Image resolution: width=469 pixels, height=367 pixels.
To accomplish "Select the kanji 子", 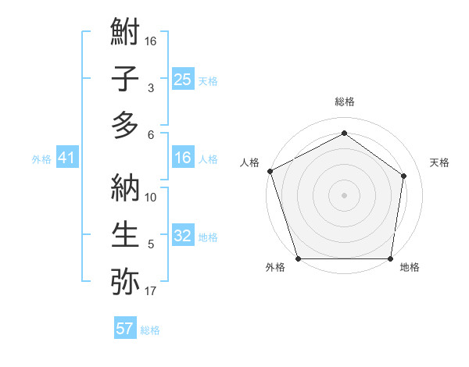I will (125, 79).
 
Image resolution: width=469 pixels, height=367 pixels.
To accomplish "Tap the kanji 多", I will (125, 125).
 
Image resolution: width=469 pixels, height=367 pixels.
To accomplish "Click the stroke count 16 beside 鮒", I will (151, 41).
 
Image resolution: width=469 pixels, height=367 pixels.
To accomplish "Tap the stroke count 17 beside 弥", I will (151, 291).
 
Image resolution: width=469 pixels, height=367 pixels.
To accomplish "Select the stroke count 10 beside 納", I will (151, 198).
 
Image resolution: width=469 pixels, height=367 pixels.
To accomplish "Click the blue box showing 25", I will (182, 80).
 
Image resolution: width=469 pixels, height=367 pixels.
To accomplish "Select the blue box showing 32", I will (182, 237).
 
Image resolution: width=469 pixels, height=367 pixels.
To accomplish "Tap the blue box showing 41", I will (66, 159).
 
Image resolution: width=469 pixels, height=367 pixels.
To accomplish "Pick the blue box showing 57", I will (125, 329).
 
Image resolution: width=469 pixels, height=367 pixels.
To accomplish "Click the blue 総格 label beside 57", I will (150, 330).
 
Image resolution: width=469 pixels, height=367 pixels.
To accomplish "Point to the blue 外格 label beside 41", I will (41, 159).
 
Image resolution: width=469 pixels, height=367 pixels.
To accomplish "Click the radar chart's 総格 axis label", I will (344, 102).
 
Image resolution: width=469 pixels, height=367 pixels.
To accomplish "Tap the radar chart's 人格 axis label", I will (249, 162).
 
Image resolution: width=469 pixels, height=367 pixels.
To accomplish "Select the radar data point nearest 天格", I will (404, 175).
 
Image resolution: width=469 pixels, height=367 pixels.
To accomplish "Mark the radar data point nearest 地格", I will (390, 258).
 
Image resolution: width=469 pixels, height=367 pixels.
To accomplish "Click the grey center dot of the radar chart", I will (344, 194).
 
